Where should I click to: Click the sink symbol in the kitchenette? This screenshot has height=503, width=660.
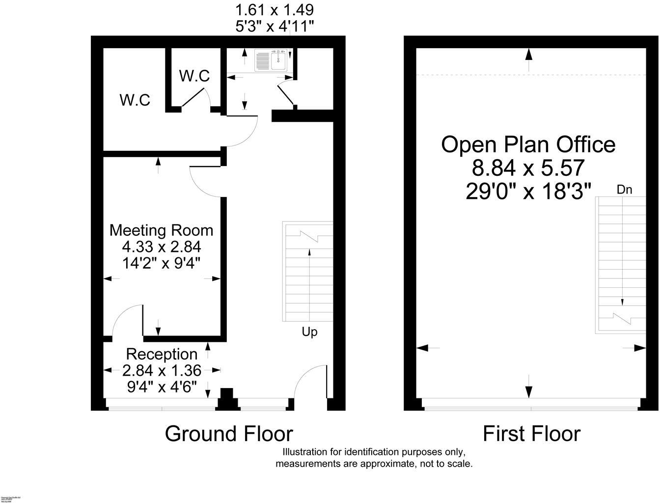click(273, 60)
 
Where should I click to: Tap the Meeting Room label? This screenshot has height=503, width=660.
click(161, 230)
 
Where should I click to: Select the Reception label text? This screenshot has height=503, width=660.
click(162, 354)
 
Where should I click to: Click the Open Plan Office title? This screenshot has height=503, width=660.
click(528, 144)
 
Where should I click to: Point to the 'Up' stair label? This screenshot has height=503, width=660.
click(309, 332)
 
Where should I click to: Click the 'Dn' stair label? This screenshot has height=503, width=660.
click(624, 190)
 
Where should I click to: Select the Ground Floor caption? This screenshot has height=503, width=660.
click(229, 434)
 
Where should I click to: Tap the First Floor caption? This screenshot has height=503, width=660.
click(531, 434)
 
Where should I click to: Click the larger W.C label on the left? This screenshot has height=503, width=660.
click(135, 100)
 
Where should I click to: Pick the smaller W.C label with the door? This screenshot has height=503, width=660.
click(194, 76)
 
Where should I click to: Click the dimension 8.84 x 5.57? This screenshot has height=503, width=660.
click(528, 168)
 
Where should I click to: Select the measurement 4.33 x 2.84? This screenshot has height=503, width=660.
click(162, 247)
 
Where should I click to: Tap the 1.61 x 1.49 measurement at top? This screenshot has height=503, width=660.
click(275, 10)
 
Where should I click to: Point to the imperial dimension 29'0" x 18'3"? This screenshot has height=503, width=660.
click(528, 192)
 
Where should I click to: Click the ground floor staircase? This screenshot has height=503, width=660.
click(308, 273)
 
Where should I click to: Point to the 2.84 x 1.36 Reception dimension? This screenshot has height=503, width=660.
click(162, 370)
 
